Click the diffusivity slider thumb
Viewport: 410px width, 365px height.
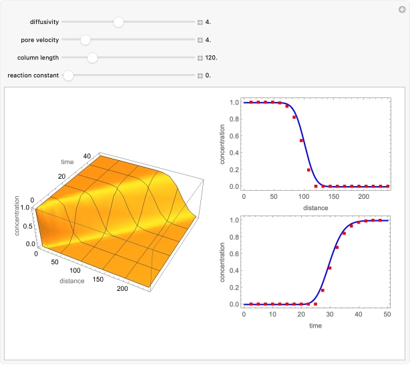click(x=118, y=22)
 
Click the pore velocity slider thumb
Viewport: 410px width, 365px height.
click(x=85, y=40)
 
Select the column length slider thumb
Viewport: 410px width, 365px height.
click(x=93, y=58)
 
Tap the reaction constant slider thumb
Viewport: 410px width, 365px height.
click(x=68, y=75)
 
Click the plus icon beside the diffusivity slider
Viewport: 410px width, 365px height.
click(x=200, y=22)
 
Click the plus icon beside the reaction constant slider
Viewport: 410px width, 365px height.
click(x=200, y=75)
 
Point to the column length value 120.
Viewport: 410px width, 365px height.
click(x=211, y=58)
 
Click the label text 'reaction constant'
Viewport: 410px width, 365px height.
click(x=33, y=75)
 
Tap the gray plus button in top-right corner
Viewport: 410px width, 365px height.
click(x=401, y=9)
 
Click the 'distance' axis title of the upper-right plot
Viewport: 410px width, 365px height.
click(x=315, y=208)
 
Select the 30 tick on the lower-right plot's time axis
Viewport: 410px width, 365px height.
click(x=330, y=315)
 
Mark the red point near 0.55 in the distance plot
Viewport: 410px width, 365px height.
click(x=301, y=141)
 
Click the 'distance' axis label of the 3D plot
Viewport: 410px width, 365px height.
click(x=71, y=281)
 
